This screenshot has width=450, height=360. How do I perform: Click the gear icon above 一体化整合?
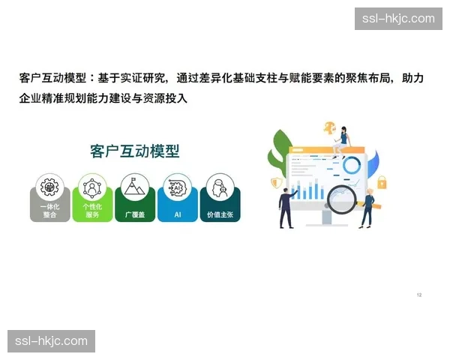[50, 185]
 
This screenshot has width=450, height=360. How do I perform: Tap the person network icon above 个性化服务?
[92, 185]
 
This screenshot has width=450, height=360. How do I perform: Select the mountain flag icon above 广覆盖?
[135, 185]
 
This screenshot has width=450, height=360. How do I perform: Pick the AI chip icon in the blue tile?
[178, 185]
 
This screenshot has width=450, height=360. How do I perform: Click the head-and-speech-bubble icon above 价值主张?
[220, 185]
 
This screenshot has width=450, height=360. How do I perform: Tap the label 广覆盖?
[135, 214]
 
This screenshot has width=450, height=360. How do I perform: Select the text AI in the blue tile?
[178, 214]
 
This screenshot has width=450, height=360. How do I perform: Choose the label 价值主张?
[220, 214]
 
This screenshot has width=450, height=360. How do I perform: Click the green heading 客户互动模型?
[134, 151]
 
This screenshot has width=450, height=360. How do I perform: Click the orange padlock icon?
[381, 181]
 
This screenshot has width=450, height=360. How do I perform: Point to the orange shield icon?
[277, 183]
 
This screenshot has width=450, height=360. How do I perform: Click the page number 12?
[419, 295]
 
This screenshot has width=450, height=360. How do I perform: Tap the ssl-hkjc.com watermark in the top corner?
[398, 19]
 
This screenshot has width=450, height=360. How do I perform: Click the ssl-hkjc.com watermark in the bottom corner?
[51, 341]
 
